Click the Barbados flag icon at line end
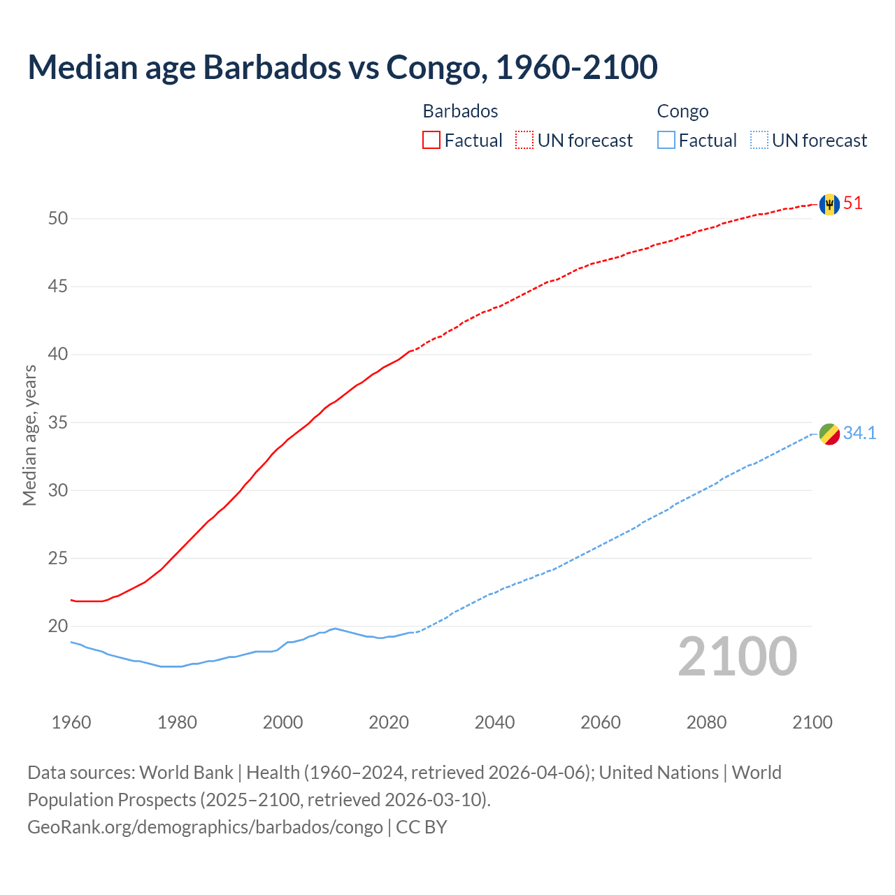(x=829, y=204)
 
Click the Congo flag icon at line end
(x=829, y=434)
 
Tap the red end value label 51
(x=853, y=203)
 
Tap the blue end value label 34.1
(x=859, y=434)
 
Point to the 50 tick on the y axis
(x=58, y=218)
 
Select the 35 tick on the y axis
(x=58, y=422)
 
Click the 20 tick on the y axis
(x=58, y=626)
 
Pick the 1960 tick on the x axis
(x=71, y=722)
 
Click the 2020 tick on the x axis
(x=389, y=722)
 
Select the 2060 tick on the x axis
(x=601, y=722)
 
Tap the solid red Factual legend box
(x=431, y=141)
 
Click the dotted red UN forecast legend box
(x=524, y=141)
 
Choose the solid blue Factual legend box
(x=666, y=141)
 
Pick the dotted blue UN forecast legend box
(x=759, y=141)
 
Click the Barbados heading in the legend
(x=460, y=111)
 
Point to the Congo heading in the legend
(x=682, y=111)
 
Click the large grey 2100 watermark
(x=738, y=657)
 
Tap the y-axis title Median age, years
(x=29, y=435)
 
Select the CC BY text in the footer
(x=422, y=827)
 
